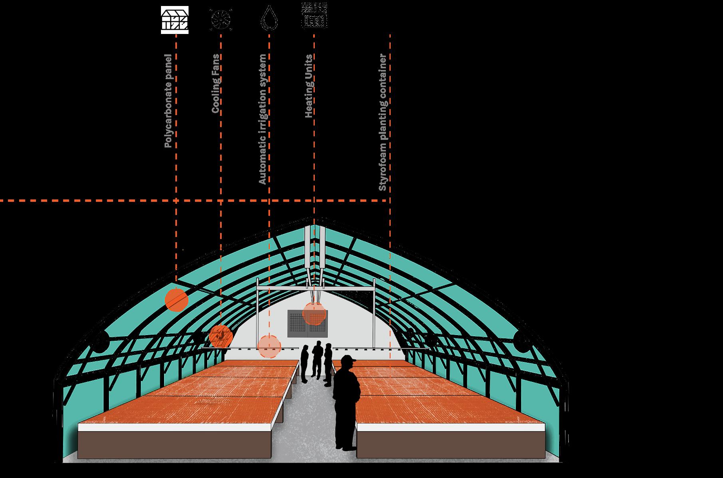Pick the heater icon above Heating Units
tap(314, 16)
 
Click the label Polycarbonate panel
tap(168, 101)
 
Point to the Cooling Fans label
tap(215, 84)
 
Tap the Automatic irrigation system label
tap(262, 119)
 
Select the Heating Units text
tap(308, 86)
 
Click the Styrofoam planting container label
tap(383, 122)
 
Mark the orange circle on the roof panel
tap(176, 300)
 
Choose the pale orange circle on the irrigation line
tap(269, 346)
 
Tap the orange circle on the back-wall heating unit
tap(314, 313)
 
